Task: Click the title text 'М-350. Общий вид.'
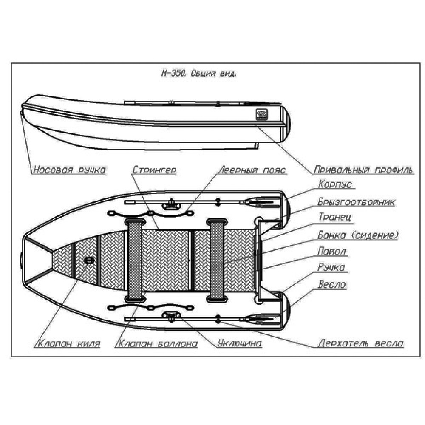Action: [x=199, y=73]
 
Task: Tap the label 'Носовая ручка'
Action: [x=69, y=170]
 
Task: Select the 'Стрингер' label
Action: [x=154, y=170]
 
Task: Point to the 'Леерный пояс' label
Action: [x=252, y=170]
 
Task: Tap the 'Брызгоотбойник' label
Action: [x=357, y=201]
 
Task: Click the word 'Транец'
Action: [x=335, y=217]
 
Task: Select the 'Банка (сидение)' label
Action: [x=358, y=234]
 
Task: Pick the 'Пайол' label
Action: [x=332, y=251]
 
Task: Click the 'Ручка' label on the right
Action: [x=331, y=267]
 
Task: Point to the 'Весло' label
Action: [x=332, y=284]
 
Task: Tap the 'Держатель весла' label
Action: [x=360, y=343]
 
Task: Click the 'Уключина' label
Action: [x=239, y=343]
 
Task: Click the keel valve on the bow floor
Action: [x=89, y=261]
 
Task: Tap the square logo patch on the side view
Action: [x=261, y=114]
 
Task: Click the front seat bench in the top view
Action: [x=135, y=261]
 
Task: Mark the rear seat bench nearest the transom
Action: [x=217, y=261]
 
